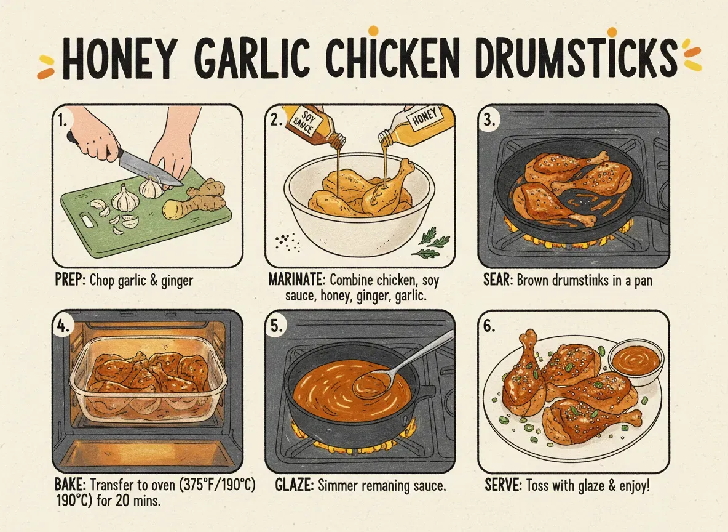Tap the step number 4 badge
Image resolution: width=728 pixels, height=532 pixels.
pos(63,326)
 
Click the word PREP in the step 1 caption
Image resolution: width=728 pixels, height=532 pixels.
pos(69,281)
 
